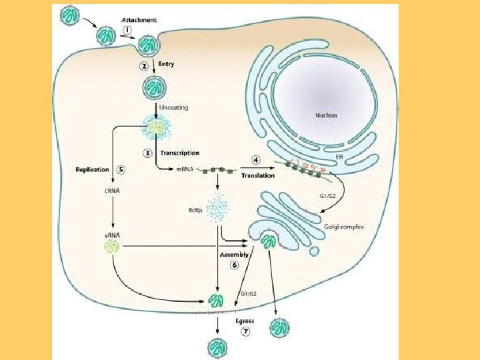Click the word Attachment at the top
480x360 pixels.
[139, 20]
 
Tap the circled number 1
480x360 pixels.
[127, 31]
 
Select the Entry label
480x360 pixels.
[167, 64]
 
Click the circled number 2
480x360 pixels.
[144, 66]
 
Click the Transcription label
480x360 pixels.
[179, 153]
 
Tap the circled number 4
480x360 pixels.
[255, 160]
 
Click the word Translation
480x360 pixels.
[258, 176]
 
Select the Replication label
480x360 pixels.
[92, 169]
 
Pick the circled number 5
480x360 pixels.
[121, 169]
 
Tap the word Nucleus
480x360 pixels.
[326, 115]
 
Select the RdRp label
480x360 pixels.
[195, 213]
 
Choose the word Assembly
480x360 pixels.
[234, 255]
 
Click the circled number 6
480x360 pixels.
[235, 265]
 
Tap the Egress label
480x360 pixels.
[245, 321]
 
